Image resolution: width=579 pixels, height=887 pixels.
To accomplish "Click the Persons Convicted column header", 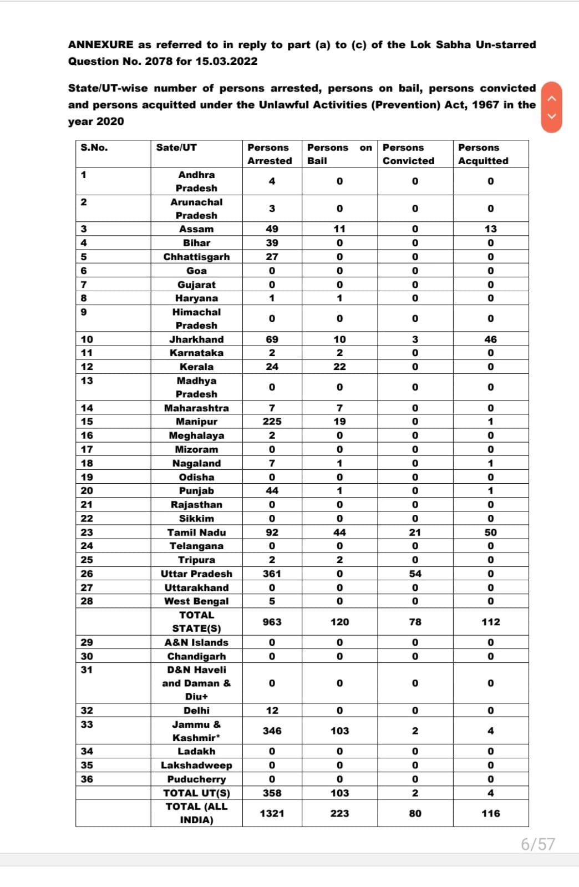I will tap(409, 154).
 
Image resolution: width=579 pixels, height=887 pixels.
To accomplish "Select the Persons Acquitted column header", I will tap(483, 154).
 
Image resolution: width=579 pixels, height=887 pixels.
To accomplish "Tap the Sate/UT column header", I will tap(176, 148).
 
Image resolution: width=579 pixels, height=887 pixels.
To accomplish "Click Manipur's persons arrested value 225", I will tap(272, 422).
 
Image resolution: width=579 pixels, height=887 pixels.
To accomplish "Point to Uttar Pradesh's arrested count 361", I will tap(272, 574).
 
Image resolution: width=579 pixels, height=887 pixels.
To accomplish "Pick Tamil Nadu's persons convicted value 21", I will tap(415, 533).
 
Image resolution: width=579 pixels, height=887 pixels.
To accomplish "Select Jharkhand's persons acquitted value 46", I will tap(490, 339).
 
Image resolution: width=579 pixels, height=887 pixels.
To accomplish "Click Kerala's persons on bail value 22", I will tap(339, 367).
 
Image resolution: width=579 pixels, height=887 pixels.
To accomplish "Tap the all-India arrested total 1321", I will tap(272, 813).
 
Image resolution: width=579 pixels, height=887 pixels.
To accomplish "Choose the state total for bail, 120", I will tap(339, 622).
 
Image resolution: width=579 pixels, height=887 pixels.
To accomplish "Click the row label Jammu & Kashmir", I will tap(196, 731).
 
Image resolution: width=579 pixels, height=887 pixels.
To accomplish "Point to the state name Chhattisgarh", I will tap(196, 257).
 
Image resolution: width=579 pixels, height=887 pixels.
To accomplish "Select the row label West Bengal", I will tap(196, 601).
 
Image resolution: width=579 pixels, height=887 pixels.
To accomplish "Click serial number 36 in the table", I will tap(87, 779).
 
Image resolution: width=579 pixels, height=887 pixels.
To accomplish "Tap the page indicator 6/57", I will tap(537, 844).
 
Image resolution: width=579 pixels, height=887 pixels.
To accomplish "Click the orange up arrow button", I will tap(551, 98).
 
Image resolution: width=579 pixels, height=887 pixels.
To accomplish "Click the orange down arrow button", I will tap(551, 116).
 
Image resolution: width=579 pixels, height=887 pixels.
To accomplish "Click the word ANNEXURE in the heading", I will tap(101, 45).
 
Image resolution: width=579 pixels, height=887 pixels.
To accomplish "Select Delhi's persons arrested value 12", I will tap(272, 711).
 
